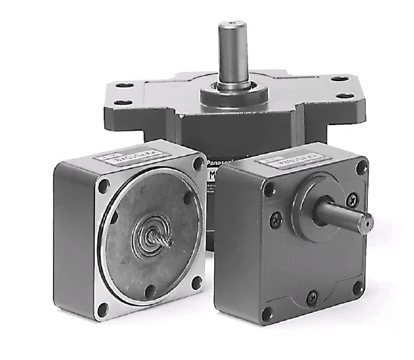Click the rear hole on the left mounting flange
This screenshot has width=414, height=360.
pos(126,85)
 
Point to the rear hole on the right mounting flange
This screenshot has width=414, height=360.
pos(338,78)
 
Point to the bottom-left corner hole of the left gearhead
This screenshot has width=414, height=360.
pos(103,306)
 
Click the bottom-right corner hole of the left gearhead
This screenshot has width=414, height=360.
pos(197,282)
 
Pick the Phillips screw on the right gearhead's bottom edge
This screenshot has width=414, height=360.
pos(311,298)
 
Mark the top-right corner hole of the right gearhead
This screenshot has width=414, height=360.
pos(361,168)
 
